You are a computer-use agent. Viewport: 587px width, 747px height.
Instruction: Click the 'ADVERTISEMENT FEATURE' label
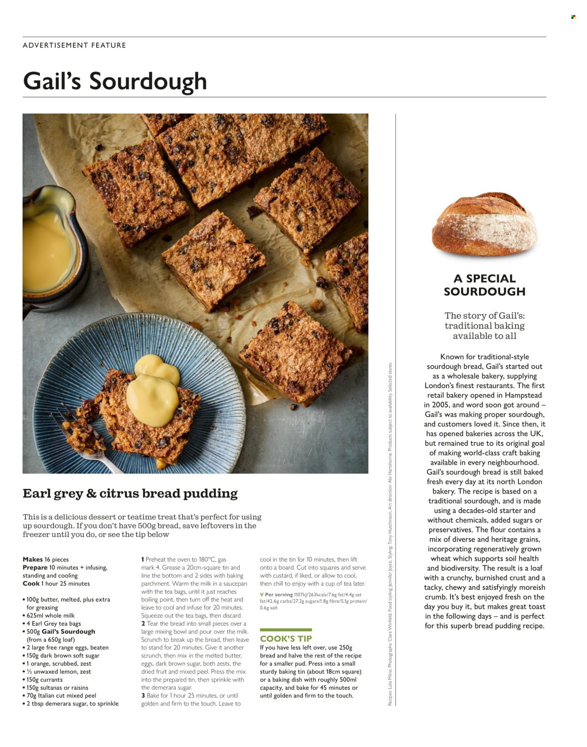[74, 46]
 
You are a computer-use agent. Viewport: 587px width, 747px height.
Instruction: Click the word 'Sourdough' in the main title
[148, 81]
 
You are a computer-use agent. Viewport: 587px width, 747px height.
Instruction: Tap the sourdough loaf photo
[485, 224]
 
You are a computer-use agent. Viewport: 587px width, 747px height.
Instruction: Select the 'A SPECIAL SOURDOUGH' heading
[485, 285]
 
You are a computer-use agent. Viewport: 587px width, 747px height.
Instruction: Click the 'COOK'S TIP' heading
[286, 639]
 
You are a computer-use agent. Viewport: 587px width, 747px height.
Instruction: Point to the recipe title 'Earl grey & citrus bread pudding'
[130, 494]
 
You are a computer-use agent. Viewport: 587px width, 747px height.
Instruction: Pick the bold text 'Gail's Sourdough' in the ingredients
[68, 632]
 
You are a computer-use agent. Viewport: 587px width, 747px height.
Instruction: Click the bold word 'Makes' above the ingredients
[32, 559]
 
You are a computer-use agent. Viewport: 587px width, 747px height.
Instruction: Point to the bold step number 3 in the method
[143, 695]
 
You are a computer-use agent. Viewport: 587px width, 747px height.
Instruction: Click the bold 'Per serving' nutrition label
[278, 595]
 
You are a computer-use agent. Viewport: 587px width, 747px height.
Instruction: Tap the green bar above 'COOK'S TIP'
[286, 630]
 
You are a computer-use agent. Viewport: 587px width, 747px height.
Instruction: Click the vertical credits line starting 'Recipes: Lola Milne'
[390, 535]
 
